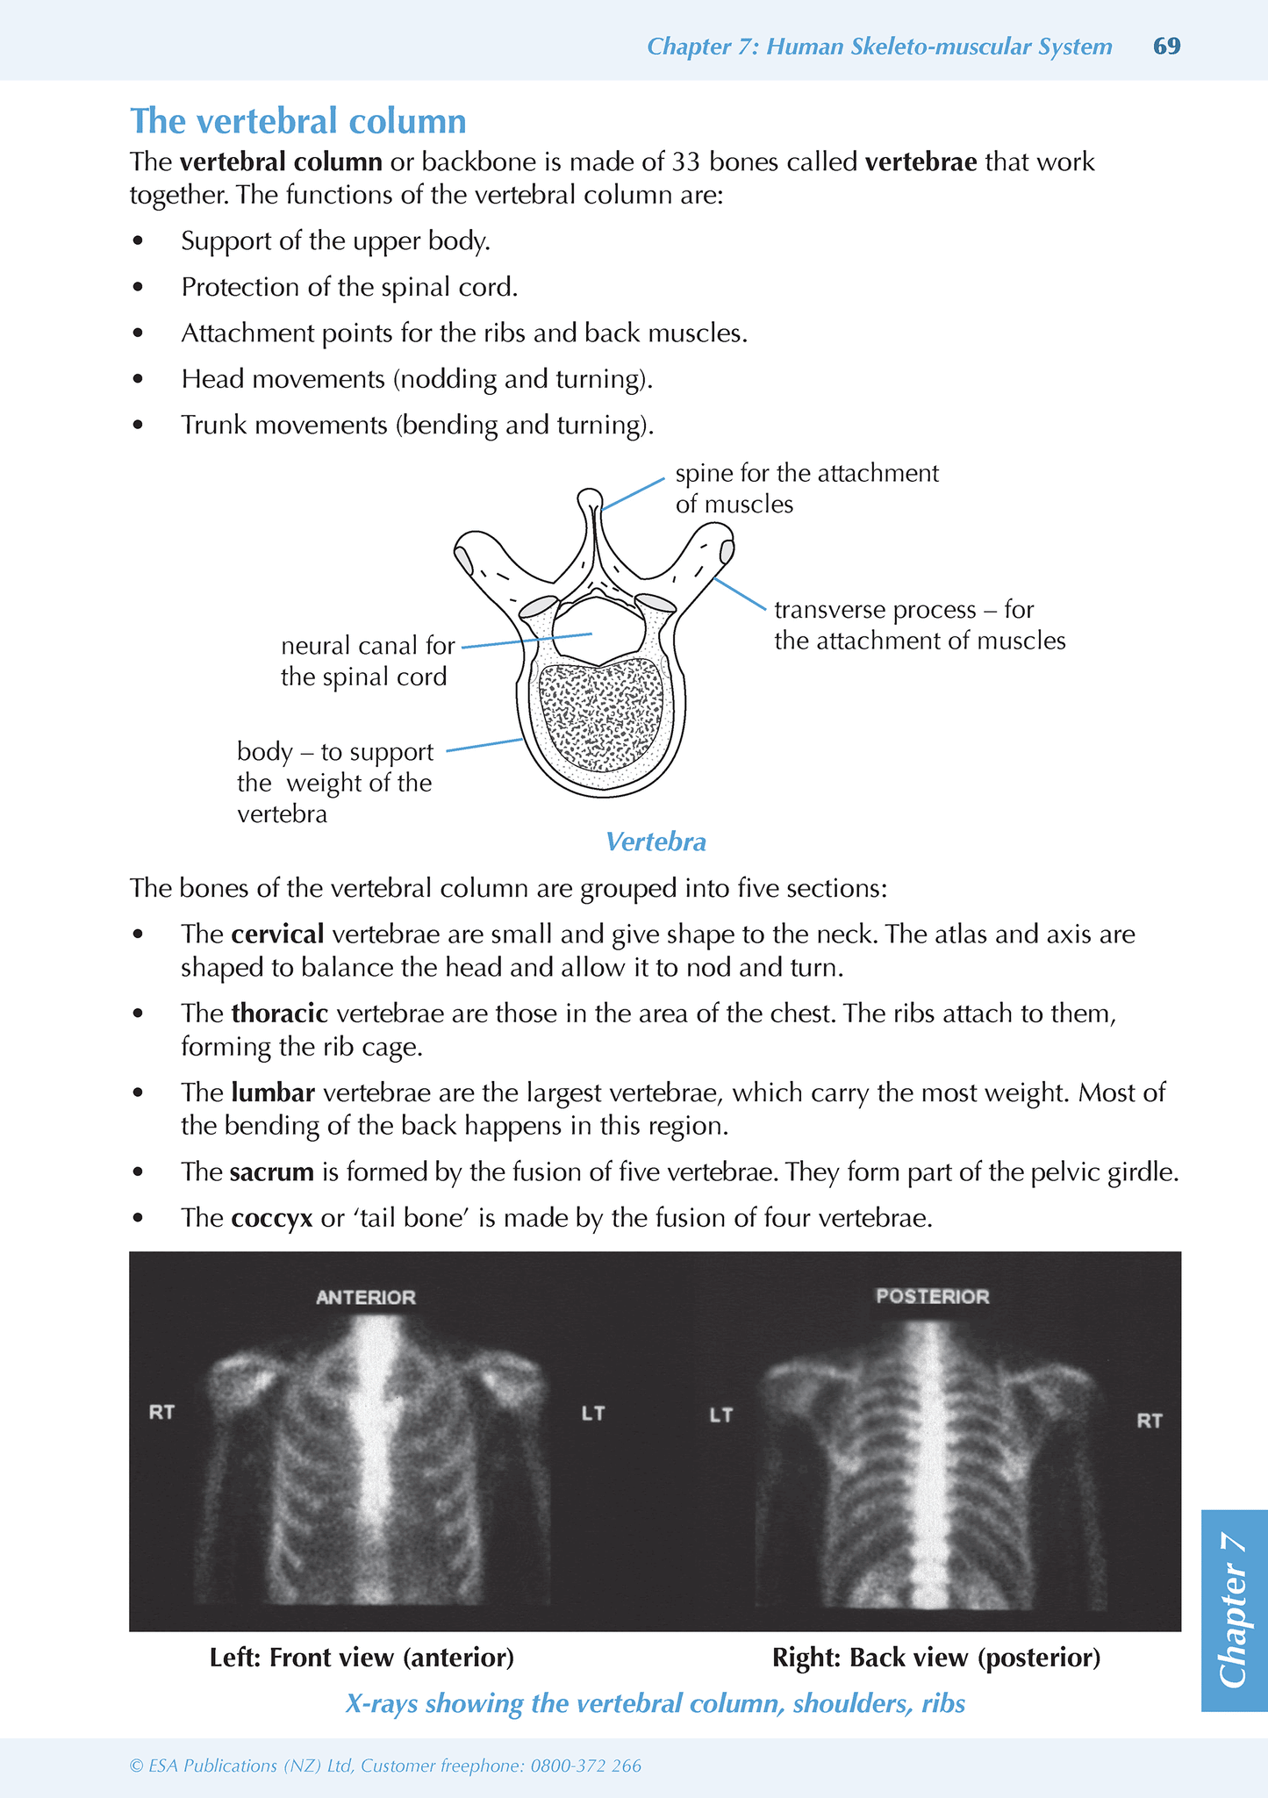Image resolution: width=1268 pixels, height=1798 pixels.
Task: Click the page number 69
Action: (x=1166, y=47)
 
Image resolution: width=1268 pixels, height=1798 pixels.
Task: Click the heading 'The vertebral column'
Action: (x=297, y=121)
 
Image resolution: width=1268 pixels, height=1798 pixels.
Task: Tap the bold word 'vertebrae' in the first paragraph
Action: (x=921, y=162)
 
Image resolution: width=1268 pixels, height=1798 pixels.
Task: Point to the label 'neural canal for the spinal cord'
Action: (x=367, y=662)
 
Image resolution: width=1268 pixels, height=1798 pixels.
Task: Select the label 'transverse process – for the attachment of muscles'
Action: (x=919, y=625)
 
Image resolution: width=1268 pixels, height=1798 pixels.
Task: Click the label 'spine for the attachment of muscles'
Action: (x=806, y=489)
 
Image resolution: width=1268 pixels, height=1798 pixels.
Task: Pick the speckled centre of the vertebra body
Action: (x=602, y=715)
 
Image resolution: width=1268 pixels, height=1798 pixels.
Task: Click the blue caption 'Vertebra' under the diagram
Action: (x=655, y=842)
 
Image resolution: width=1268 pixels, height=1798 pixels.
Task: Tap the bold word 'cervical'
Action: (x=278, y=934)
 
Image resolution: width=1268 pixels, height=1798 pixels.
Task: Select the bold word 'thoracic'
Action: (x=280, y=1014)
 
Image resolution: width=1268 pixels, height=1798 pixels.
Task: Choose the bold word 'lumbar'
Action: (x=273, y=1092)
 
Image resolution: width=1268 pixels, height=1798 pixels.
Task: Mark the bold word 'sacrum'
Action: (x=272, y=1171)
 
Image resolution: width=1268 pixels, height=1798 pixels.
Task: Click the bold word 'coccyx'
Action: (x=272, y=1218)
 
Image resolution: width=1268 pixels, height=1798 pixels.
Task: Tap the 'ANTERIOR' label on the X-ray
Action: (x=366, y=1297)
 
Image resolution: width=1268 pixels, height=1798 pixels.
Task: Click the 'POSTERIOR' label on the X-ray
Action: (x=932, y=1296)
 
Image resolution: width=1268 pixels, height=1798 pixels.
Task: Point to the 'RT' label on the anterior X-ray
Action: (x=161, y=1413)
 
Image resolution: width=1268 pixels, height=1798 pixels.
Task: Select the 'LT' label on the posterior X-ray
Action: (x=720, y=1415)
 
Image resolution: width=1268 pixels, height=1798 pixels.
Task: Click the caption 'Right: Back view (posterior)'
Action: (x=935, y=1658)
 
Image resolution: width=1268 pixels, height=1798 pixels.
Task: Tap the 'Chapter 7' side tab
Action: (x=1234, y=1610)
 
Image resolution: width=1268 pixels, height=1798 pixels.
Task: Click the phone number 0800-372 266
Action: (x=585, y=1766)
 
